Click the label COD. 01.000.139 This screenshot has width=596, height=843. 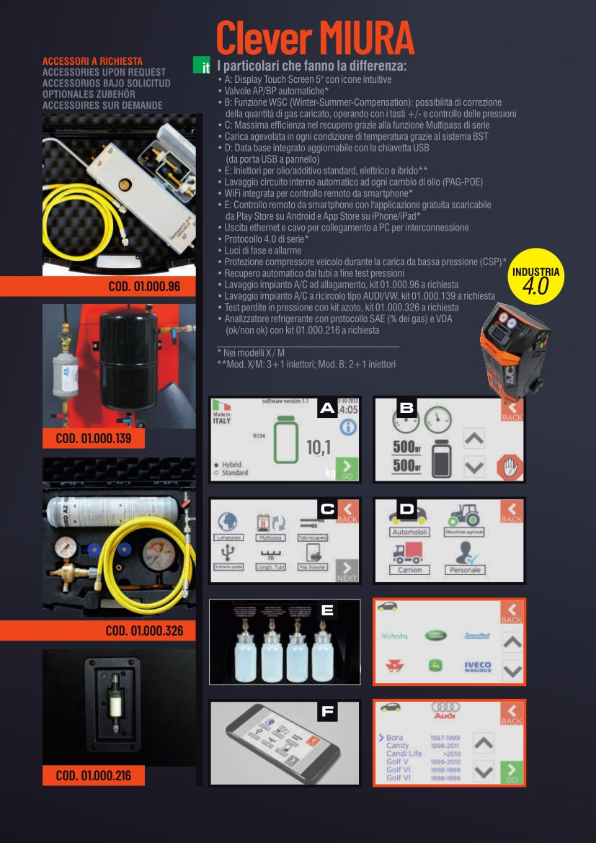pyautogui.click(x=93, y=438)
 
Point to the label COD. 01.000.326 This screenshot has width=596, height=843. pyautogui.click(x=144, y=631)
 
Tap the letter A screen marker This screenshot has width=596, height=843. pyautogui.click(x=327, y=409)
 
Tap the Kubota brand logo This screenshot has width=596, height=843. pyautogui.click(x=394, y=636)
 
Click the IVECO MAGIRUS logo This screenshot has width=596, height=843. pyautogui.click(x=477, y=667)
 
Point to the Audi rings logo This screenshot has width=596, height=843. pyautogui.click(x=445, y=711)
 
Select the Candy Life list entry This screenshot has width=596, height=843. pyautogui.click(x=404, y=754)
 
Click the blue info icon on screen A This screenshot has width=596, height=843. pyautogui.click(x=348, y=427)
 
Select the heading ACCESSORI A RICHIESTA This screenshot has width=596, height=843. pyautogui.click(x=92, y=61)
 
